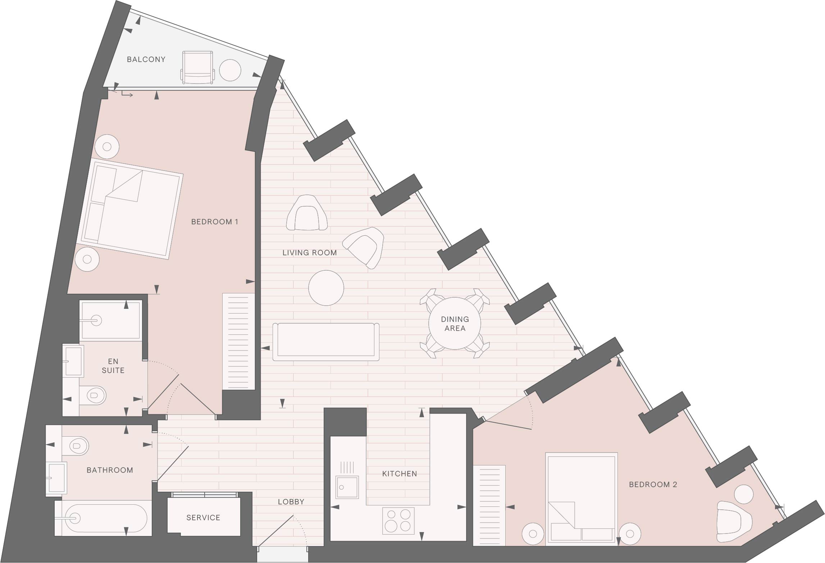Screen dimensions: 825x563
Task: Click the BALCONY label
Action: click(146, 59)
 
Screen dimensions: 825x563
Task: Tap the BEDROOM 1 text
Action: click(215, 222)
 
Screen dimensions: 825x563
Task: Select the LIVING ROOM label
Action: click(310, 253)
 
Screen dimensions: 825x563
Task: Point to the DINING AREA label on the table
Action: click(455, 324)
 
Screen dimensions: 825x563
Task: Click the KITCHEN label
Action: click(400, 474)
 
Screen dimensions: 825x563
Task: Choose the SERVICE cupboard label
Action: click(203, 518)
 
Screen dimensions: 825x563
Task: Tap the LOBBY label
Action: click(291, 502)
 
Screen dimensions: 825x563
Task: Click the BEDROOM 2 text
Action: click(653, 485)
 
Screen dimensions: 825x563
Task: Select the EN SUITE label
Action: click(113, 366)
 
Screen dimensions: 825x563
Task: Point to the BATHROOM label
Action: click(110, 470)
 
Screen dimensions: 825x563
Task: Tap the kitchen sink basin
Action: click(347, 487)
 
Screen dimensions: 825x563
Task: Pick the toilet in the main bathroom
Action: click(75, 446)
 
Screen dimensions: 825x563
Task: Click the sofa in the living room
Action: click(326, 342)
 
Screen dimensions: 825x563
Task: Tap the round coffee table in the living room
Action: click(326, 288)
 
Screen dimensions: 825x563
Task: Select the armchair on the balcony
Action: click(198, 68)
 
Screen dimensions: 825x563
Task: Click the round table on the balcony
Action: click(230, 70)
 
